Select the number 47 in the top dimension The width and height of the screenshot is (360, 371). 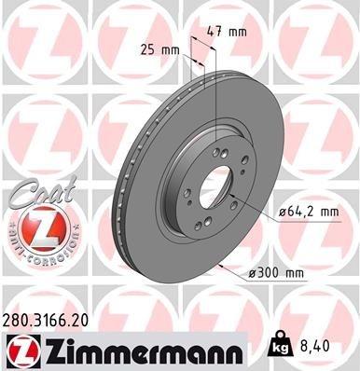coord(218,32)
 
